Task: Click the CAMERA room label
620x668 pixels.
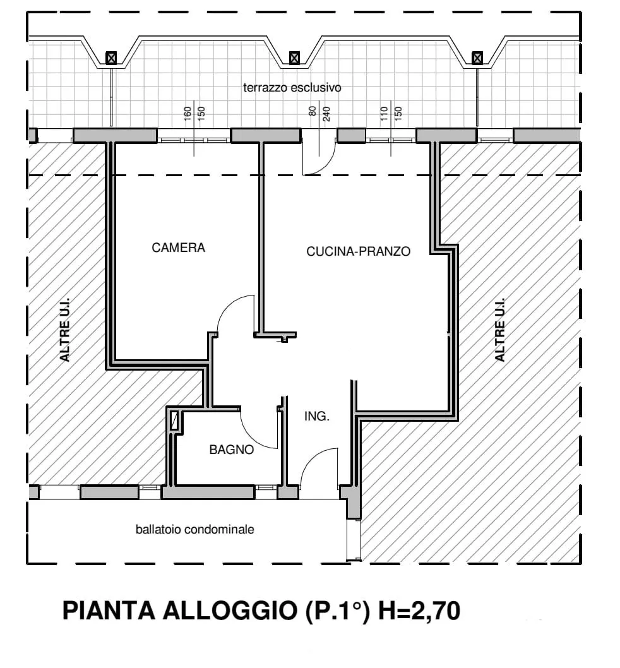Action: [178, 248]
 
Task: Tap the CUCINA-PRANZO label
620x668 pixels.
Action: [359, 251]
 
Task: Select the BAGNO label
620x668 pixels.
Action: [231, 450]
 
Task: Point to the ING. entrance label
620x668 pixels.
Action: [316, 416]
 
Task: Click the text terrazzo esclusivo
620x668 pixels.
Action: [292, 88]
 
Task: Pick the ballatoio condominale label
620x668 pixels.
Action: [194, 530]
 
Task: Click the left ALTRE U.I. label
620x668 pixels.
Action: [64, 330]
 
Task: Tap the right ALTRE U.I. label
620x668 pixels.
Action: [499, 330]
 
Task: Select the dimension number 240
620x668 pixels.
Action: [326, 114]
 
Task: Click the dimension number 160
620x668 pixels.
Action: [188, 114]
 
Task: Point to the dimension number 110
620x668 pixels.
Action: [385, 114]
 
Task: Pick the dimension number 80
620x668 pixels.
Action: [313, 110]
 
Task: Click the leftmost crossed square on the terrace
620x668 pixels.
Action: [110, 57]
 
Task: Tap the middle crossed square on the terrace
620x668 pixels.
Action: [294, 57]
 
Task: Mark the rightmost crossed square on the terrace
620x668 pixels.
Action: [477, 57]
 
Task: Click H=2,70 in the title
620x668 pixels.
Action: [419, 611]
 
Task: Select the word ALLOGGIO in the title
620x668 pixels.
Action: [230, 610]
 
